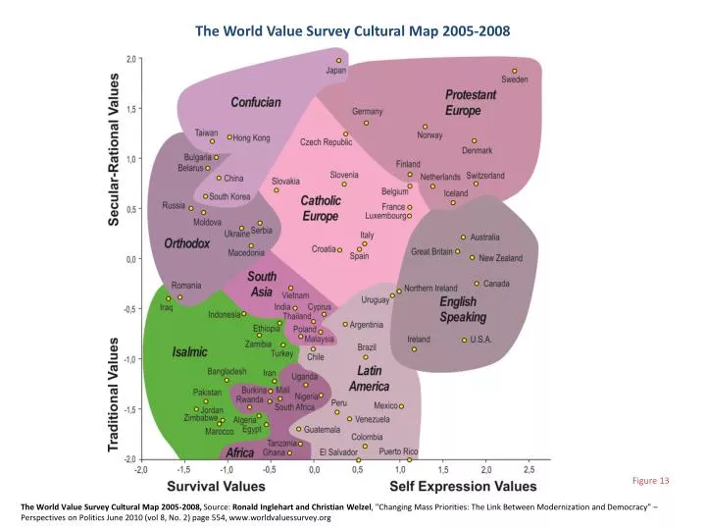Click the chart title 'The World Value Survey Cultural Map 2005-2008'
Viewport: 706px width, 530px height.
pos(352,30)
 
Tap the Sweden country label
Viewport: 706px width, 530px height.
pos(515,79)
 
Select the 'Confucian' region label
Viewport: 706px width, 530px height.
pos(256,102)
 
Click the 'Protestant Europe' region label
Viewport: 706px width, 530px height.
pos(471,102)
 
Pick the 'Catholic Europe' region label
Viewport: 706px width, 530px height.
pos(320,208)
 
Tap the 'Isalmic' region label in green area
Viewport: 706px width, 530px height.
pos(189,351)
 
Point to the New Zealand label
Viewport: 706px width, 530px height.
pos(501,258)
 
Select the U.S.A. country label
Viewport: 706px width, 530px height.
pos(481,340)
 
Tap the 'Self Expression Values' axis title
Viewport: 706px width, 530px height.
pos(463,486)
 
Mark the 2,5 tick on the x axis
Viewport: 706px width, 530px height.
pos(529,470)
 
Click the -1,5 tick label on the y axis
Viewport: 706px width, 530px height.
pos(128,409)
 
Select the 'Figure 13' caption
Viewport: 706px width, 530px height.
pos(650,481)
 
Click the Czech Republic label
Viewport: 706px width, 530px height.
pos(326,142)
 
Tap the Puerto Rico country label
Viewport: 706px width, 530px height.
pos(398,451)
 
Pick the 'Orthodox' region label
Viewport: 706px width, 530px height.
pos(187,242)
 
